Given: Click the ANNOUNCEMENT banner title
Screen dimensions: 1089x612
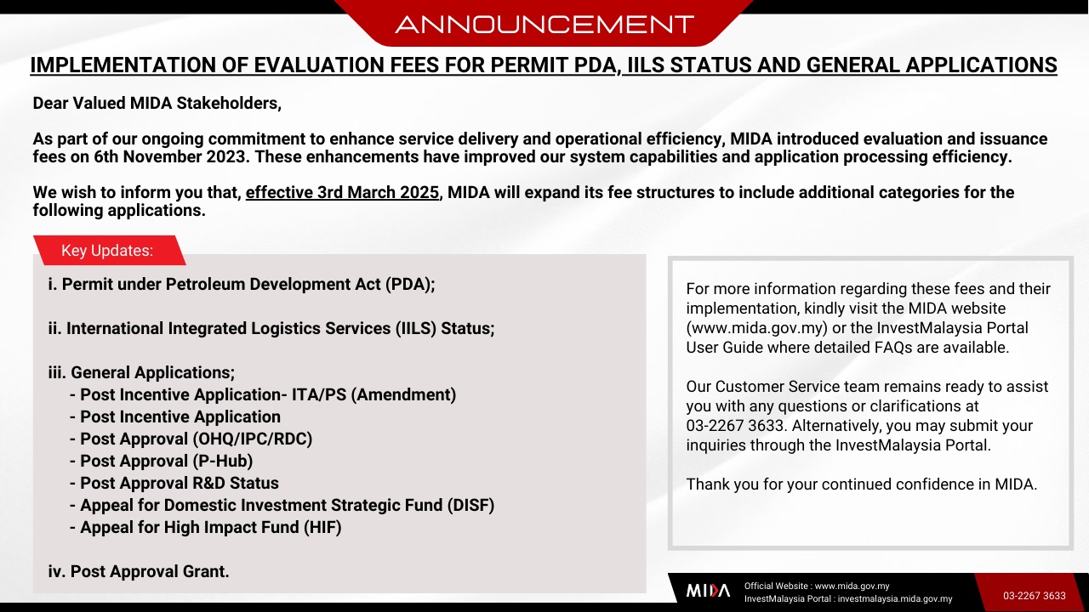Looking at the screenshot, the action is tap(544, 25).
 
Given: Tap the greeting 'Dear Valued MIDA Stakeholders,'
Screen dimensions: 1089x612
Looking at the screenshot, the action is tap(157, 104).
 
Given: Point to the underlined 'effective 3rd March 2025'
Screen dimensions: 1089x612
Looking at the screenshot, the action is tap(342, 193).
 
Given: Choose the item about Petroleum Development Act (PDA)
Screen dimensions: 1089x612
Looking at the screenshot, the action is tap(242, 284).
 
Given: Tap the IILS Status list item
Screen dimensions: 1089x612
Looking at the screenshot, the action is tap(271, 328).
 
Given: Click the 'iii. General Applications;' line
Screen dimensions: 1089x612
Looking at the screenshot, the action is tap(141, 372).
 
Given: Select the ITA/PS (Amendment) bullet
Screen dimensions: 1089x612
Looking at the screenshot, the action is tap(263, 395).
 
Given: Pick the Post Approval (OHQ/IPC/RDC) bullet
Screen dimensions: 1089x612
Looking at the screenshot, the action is tap(191, 439).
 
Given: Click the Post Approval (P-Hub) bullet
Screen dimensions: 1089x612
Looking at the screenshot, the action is tap(162, 461).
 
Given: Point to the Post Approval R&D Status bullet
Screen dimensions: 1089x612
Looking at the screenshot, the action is tap(174, 484).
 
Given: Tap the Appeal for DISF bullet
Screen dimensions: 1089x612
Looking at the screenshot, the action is tap(282, 505).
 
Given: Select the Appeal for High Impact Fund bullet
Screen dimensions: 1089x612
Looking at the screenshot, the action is tap(206, 528).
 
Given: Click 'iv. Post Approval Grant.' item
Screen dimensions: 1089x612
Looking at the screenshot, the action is tap(139, 572).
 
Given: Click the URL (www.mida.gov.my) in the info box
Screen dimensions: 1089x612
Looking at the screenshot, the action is tap(757, 328).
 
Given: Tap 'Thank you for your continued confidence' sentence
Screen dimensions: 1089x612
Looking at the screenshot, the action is tap(862, 484).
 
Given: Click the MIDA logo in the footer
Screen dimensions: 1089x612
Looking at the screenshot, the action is tap(708, 591).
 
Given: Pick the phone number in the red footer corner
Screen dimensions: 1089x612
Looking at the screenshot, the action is tap(1035, 596).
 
